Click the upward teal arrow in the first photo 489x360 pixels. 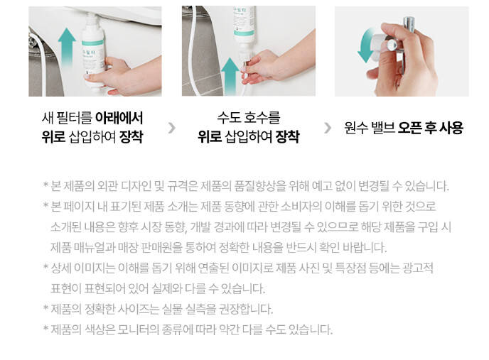click(67, 47)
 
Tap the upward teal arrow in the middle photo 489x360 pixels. click(230, 75)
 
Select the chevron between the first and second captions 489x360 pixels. click(172, 128)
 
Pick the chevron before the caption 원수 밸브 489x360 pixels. click(328, 128)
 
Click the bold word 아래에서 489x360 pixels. click(119, 118)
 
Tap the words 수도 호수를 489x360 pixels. click(249, 118)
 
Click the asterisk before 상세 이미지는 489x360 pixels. click(45, 267)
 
